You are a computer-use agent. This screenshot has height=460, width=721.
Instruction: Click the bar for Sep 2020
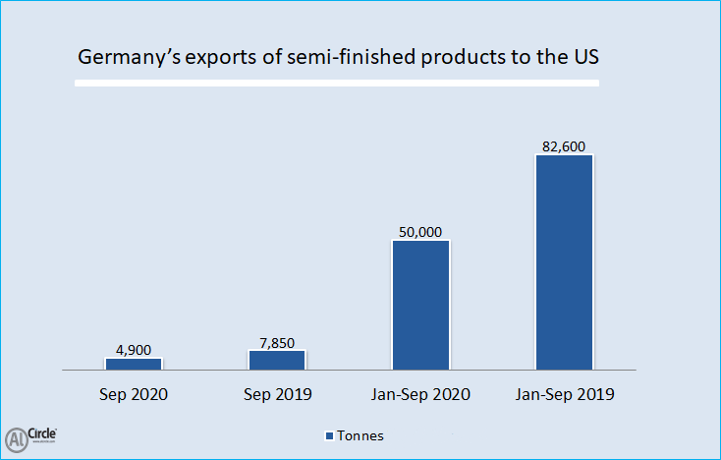tap(134, 364)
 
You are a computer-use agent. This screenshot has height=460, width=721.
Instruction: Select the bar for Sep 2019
tap(277, 360)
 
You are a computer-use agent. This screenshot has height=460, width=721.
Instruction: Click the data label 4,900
tap(134, 348)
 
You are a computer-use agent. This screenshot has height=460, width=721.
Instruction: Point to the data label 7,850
tap(277, 340)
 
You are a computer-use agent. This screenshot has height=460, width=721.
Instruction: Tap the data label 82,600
tap(564, 146)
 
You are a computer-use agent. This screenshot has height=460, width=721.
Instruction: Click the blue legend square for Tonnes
tap(328, 435)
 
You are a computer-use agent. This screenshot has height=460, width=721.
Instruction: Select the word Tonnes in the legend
tap(360, 435)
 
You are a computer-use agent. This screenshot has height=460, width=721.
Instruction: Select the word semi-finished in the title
tap(319, 58)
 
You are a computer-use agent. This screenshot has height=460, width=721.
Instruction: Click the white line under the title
tap(337, 84)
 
